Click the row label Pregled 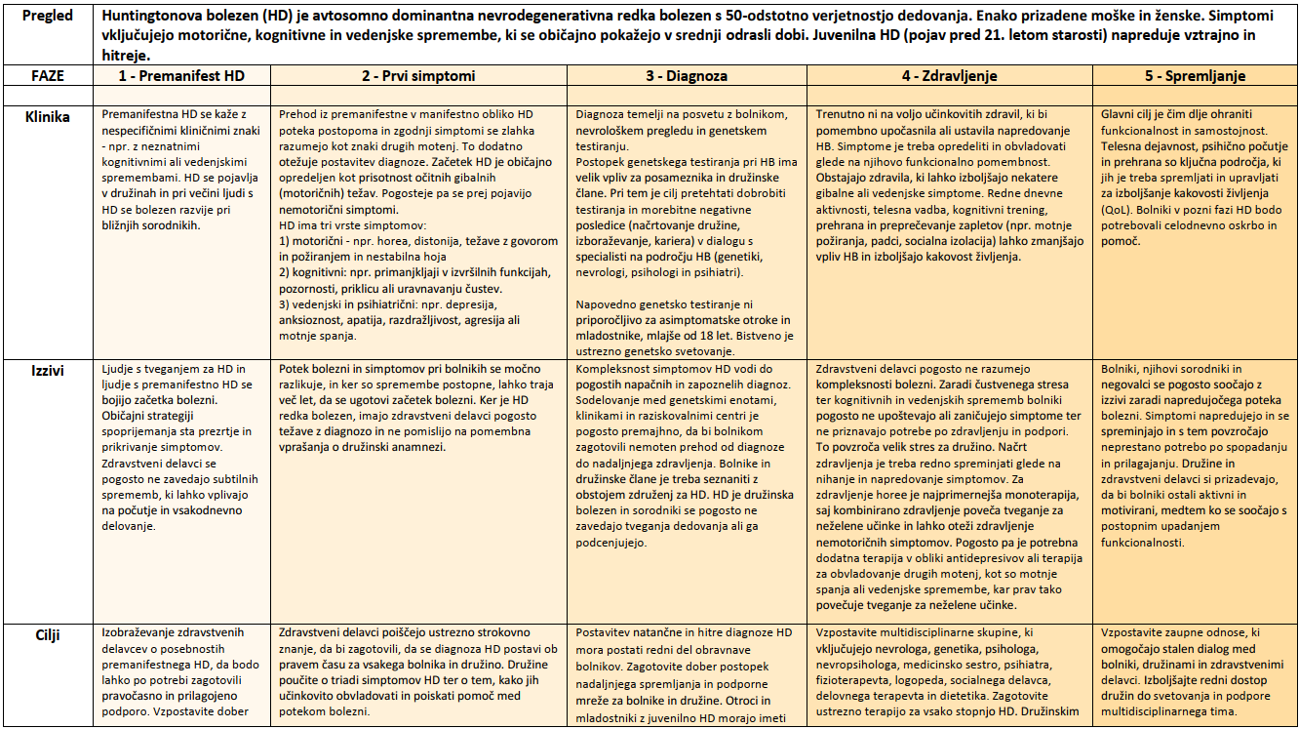[x=47, y=17]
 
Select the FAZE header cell [x=47, y=75]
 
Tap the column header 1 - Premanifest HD [x=181, y=75]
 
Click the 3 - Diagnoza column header [x=689, y=75]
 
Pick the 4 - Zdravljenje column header [x=950, y=75]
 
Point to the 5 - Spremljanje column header [x=1195, y=75]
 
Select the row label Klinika [x=47, y=116]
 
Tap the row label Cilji [x=47, y=634]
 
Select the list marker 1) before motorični [x=288, y=239]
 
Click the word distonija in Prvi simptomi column [x=431, y=239]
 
